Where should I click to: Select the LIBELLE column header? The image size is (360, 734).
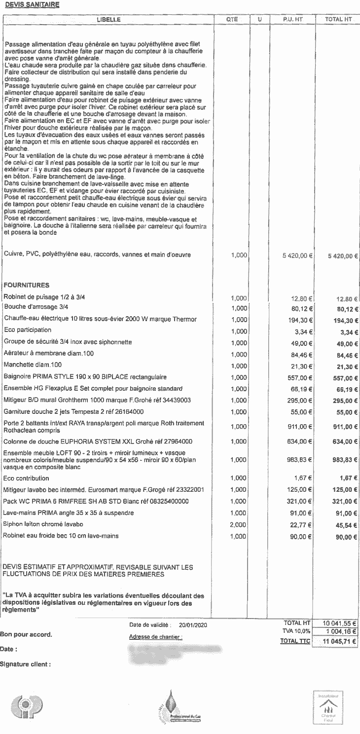[x=108, y=19]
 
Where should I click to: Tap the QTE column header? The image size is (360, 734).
[x=232, y=19]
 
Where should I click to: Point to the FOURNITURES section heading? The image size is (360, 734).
[x=26, y=285]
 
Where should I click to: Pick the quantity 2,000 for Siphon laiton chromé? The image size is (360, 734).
[x=239, y=524]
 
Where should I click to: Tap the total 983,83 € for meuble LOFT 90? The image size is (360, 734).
[x=345, y=460]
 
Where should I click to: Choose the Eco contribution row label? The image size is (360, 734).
[x=26, y=478]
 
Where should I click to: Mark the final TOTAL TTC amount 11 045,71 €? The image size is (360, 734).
[x=339, y=641]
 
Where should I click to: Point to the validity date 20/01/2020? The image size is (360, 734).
[x=193, y=625]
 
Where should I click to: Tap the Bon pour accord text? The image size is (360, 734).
[x=26, y=634]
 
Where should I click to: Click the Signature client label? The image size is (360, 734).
[x=26, y=664]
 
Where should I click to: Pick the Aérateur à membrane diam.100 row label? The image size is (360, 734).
[x=48, y=353]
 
